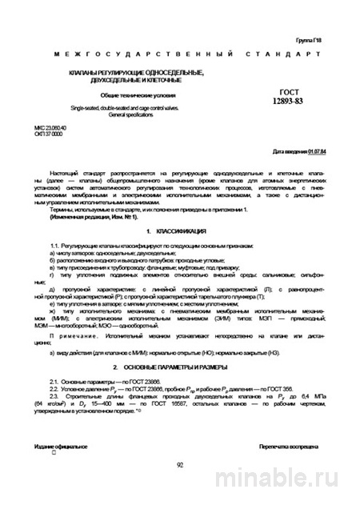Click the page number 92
pyautogui.click(x=180, y=463)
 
